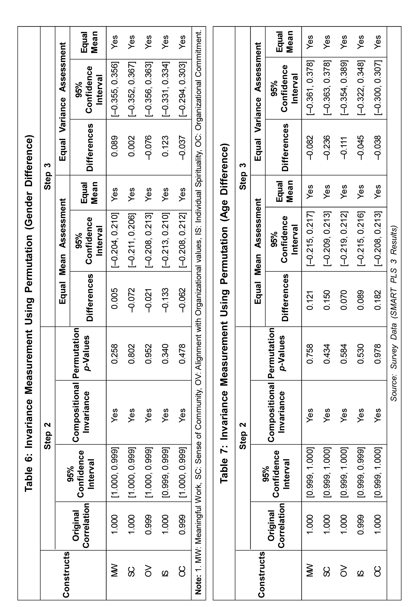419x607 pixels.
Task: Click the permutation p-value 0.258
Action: (114, 354)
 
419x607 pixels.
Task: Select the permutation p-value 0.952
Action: (148, 354)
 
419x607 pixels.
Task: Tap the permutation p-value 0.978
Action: (377, 354)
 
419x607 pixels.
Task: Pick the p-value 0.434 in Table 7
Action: (326, 354)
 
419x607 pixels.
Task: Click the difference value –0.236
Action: (326, 148)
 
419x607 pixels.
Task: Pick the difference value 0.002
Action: (131, 146)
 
